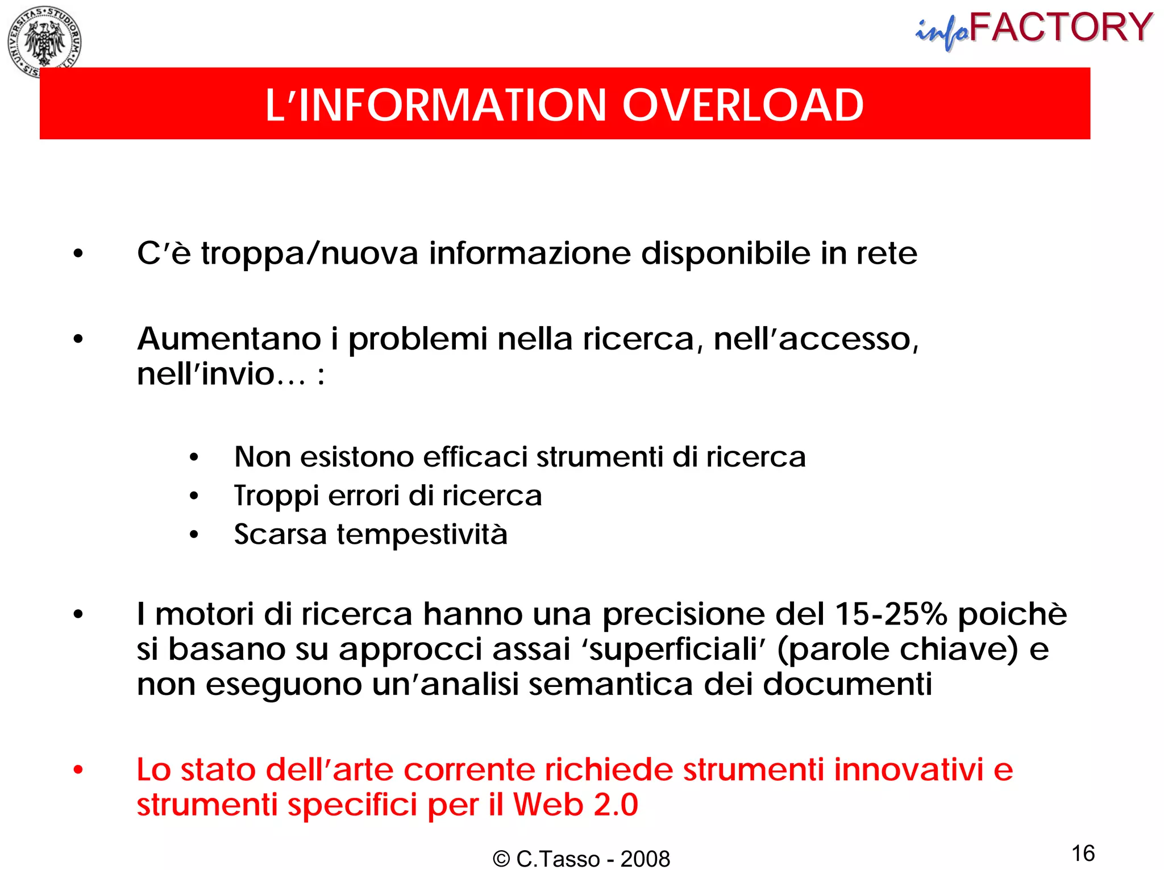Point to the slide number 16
(x=1083, y=853)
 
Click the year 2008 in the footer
(x=645, y=859)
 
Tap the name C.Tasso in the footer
(x=558, y=859)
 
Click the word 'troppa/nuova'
(x=310, y=253)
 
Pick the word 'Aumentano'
(x=229, y=339)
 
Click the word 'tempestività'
(x=422, y=534)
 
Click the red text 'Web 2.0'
(x=575, y=805)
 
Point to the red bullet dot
(x=78, y=771)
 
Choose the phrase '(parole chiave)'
(x=897, y=649)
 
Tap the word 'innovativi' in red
(x=908, y=770)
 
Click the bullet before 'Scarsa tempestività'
(x=194, y=535)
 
